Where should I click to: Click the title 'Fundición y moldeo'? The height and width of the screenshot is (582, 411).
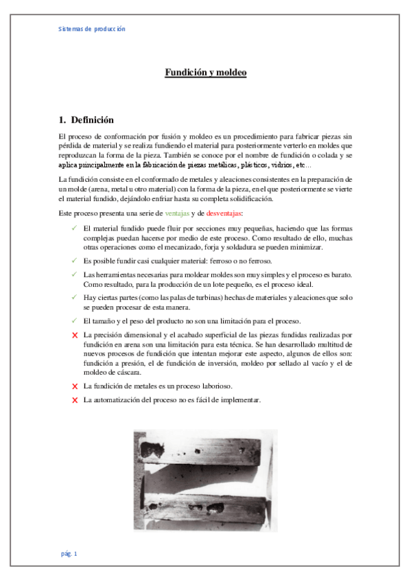tap(205, 72)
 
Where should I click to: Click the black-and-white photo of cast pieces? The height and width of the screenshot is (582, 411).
tap(206, 480)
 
